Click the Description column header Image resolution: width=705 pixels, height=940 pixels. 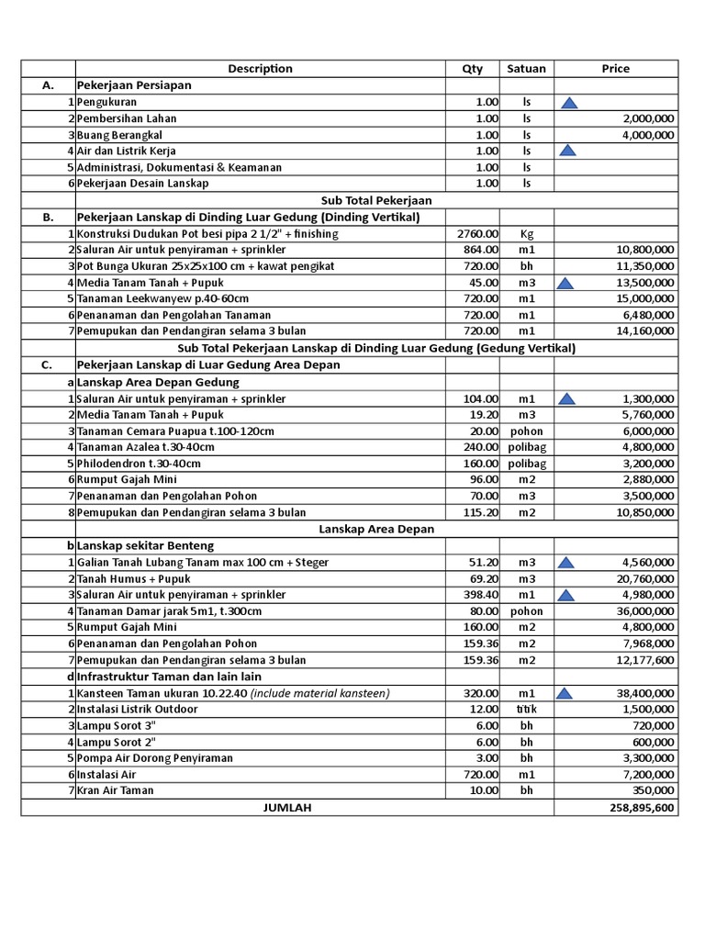pos(260,69)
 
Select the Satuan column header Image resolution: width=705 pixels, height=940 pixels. pos(526,69)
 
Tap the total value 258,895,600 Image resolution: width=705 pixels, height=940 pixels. pos(642,808)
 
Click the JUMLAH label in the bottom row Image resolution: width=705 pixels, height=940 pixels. pos(287,808)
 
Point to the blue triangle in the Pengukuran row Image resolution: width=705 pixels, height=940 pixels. pos(568,103)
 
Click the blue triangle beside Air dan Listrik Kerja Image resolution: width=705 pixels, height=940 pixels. pos(568,151)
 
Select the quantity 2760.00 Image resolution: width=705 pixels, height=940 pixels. pos(477,234)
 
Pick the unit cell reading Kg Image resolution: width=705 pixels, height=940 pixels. pos(526,234)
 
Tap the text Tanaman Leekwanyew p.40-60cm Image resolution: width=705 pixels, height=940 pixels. pos(162,299)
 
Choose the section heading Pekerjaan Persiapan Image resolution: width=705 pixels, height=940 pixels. pos(134,85)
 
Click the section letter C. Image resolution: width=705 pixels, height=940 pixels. pos(48,365)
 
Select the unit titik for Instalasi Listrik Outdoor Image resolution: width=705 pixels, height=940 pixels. pos(526,710)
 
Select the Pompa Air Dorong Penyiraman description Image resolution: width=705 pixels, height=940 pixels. pos(155,758)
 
